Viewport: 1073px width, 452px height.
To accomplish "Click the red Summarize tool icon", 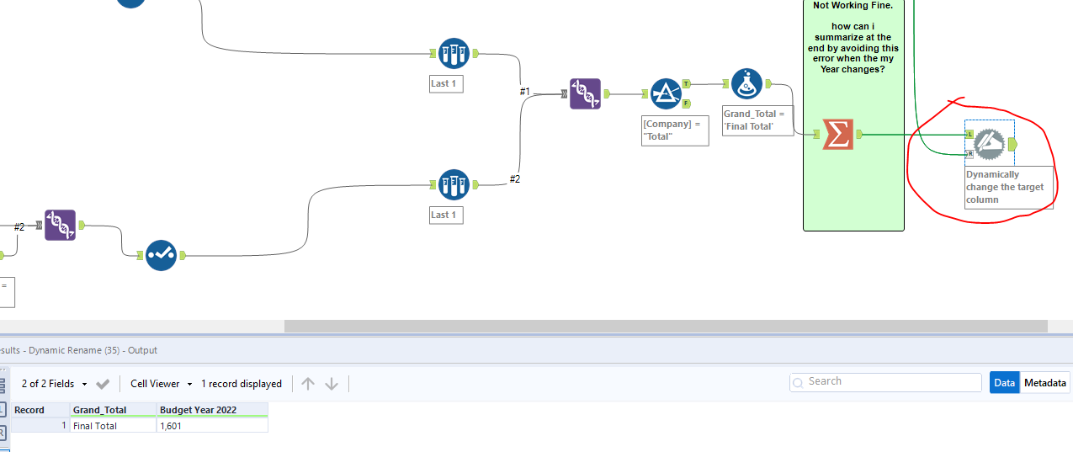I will [837, 134].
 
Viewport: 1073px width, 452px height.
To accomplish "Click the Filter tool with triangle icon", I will [666, 94].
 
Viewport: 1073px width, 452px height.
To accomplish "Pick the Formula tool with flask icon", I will [746, 84].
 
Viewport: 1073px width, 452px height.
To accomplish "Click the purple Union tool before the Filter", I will [585, 94].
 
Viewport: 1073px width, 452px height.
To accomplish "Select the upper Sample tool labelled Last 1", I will [454, 54].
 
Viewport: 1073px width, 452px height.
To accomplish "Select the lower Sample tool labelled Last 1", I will [454, 184].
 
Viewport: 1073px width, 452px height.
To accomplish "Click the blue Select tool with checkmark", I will [161, 255].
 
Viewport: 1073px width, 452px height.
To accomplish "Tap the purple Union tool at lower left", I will [60, 225].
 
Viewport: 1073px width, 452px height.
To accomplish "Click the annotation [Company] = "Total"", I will [674, 130].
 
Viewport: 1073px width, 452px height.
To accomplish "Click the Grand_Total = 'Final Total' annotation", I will [757, 120].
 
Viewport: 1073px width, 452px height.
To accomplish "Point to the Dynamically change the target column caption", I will [1007, 187].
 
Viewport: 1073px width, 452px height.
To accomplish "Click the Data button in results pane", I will [1004, 382].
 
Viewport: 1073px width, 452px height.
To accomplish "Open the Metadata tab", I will [1044, 382].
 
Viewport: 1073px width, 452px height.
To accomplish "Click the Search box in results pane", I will [885, 381].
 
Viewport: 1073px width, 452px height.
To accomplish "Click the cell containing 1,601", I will [212, 426].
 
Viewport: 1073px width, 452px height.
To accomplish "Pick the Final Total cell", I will [113, 426].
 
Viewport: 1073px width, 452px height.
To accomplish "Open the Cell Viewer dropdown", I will [161, 384].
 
